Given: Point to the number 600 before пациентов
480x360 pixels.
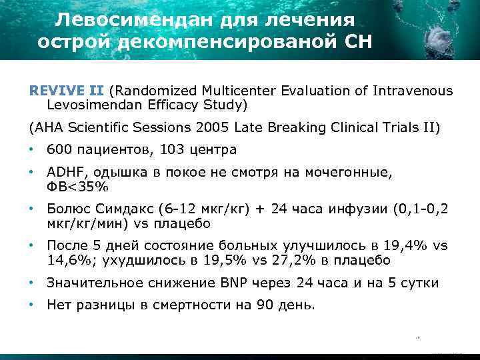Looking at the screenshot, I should [x=57, y=150].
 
